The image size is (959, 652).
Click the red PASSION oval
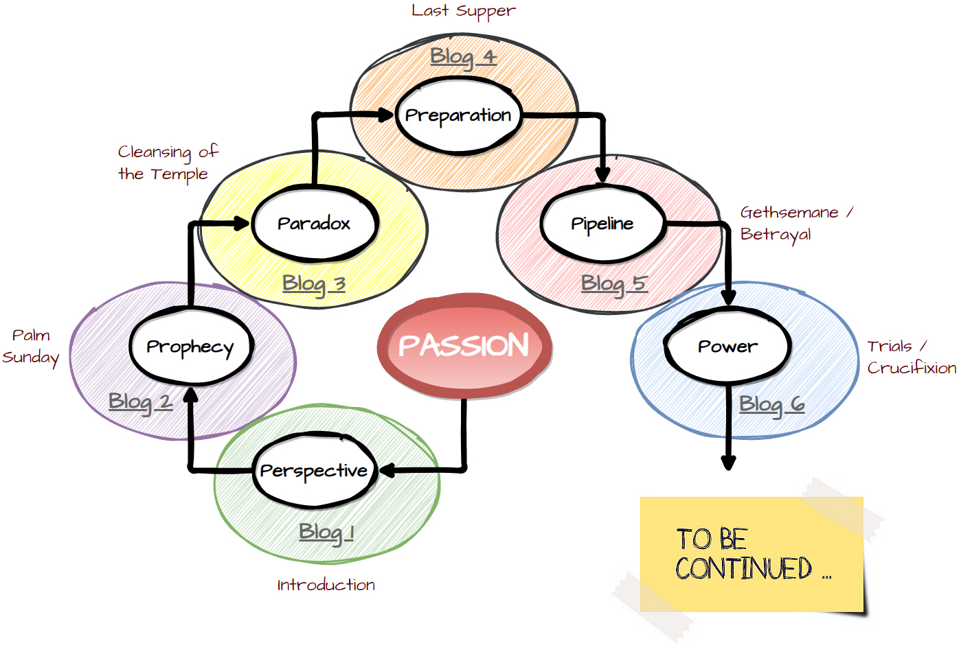coord(464,345)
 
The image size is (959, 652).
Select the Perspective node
coord(314,471)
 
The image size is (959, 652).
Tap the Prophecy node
coord(190,347)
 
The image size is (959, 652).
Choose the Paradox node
coord(314,224)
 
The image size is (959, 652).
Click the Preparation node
coord(458,115)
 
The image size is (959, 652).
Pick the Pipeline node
coord(602,224)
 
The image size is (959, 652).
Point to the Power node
coord(727,347)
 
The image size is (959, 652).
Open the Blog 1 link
coord(326,532)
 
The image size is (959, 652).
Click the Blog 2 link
coord(140,401)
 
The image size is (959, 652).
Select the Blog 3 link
coord(313,283)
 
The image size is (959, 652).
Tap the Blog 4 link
coord(463,56)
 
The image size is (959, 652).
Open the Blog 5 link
coord(613,283)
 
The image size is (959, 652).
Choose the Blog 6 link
coord(771,404)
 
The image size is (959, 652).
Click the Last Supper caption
coord(463,11)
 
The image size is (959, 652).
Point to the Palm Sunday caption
coord(31,347)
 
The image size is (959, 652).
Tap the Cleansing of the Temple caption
coord(167,163)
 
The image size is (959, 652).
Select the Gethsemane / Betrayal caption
coord(796,223)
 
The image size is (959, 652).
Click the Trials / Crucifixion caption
coord(911,357)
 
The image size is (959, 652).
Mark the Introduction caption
coord(326,585)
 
